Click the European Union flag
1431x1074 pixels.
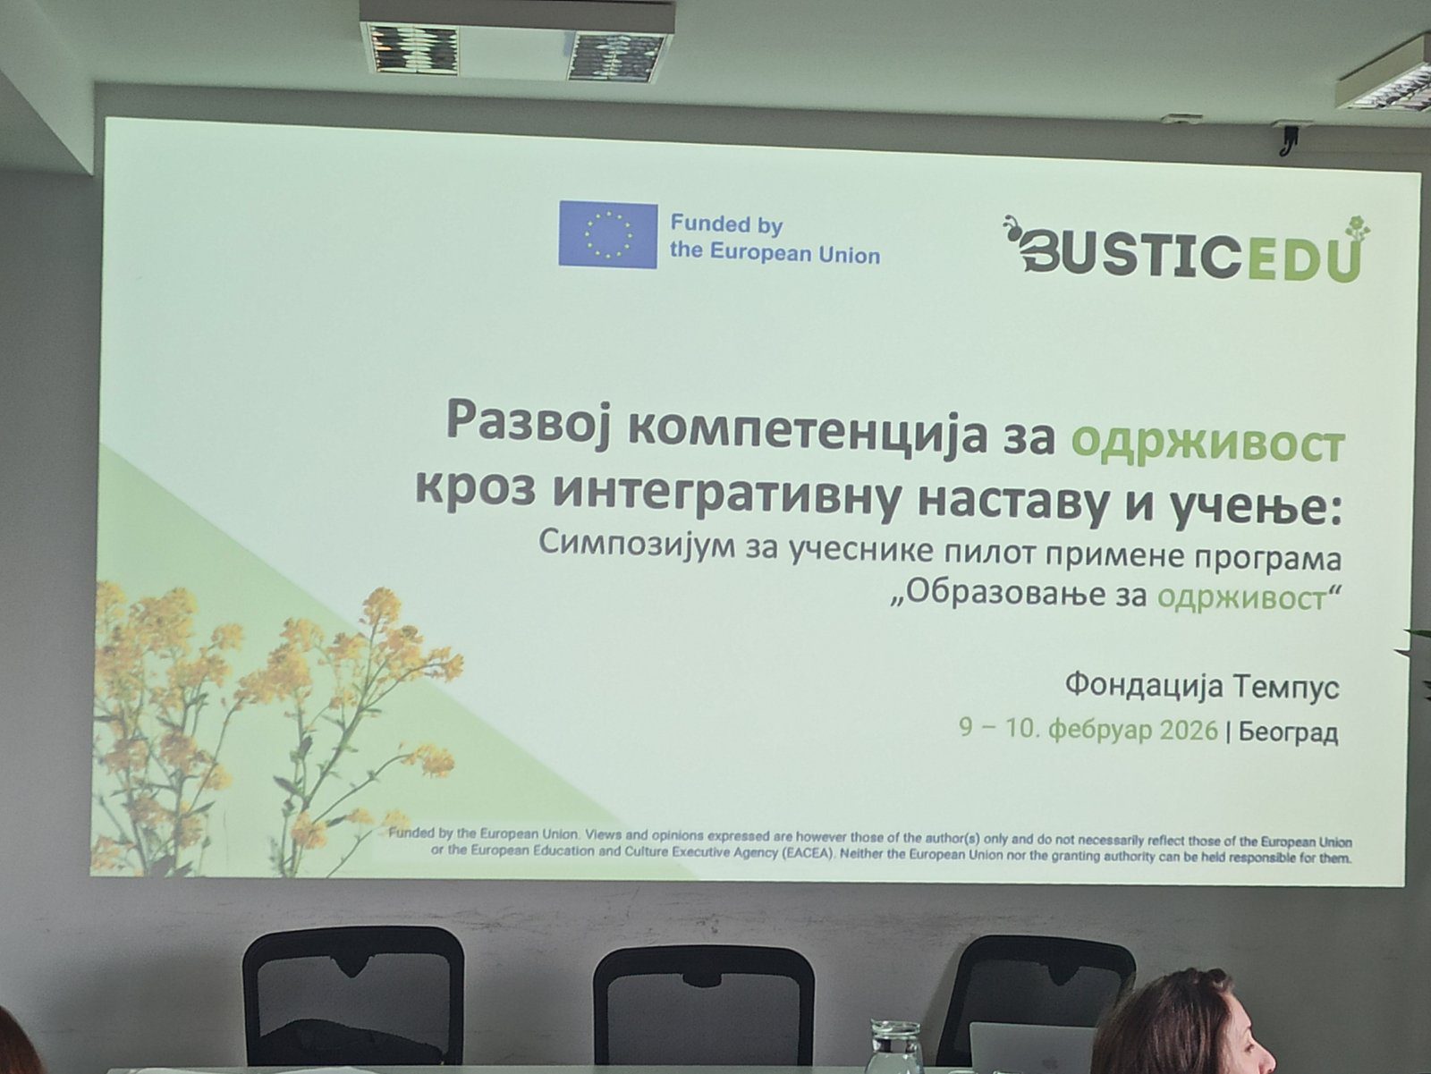tap(607, 234)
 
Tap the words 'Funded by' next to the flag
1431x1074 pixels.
tap(726, 224)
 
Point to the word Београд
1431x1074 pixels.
tap(1288, 732)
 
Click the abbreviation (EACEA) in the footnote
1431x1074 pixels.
tap(808, 854)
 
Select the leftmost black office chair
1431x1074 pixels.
tap(353, 994)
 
